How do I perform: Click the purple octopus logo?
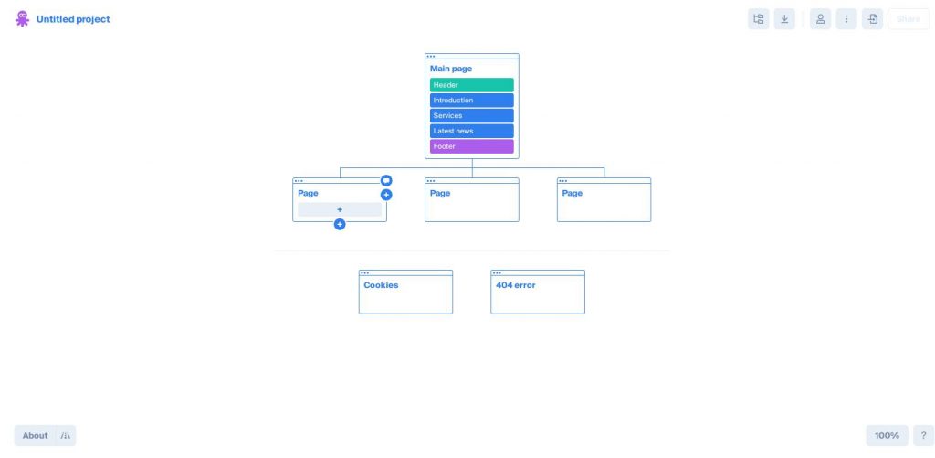tap(22, 18)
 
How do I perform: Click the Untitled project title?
tap(73, 19)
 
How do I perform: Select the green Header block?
tap(472, 85)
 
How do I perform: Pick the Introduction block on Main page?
tap(472, 101)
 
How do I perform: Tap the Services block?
tap(472, 116)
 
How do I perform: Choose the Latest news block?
tap(472, 131)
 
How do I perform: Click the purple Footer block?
tap(472, 146)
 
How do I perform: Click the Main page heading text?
tap(451, 69)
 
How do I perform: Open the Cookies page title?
tap(381, 285)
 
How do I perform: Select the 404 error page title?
tap(516, 285)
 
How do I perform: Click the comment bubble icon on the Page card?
tap(386, 180)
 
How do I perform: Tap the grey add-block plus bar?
tap(340, 209)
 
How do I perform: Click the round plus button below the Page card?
tap(340, 225)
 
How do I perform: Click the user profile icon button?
tap(821, 19)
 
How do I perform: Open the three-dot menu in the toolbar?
tap(846, 19)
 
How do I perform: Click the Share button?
tap(909, 19)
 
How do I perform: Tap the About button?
tap(36, 435)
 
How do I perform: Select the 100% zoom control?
tap(887, 435)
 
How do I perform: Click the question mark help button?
tap(924, 435)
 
